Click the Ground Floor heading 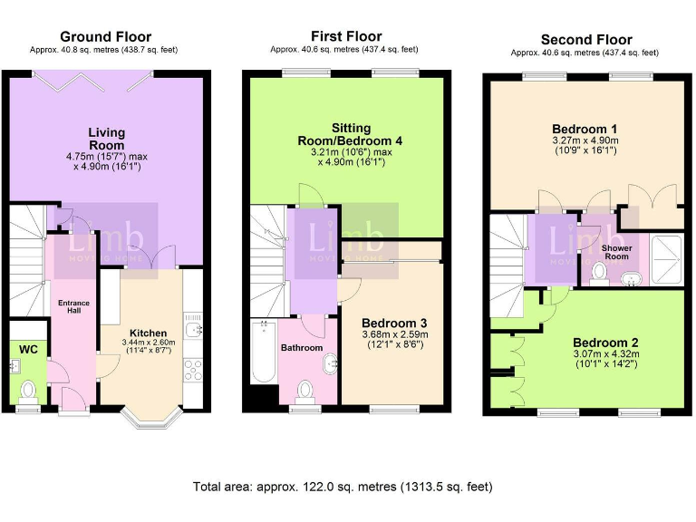(106, 36)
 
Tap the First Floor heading (346, 36)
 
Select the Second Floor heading (586, 40)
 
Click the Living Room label (107, 139)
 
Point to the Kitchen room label (149, 333)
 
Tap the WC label (28, 349)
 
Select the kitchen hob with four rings (193, 370)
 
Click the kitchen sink (194, 329)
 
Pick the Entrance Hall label (73, 306)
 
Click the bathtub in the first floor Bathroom (263, 352)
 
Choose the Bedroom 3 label (394, 323)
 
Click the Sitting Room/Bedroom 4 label (350, 134)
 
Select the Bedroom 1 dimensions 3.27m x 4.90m (585, 140)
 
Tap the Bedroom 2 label (605, 343)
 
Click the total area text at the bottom (343, 487)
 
